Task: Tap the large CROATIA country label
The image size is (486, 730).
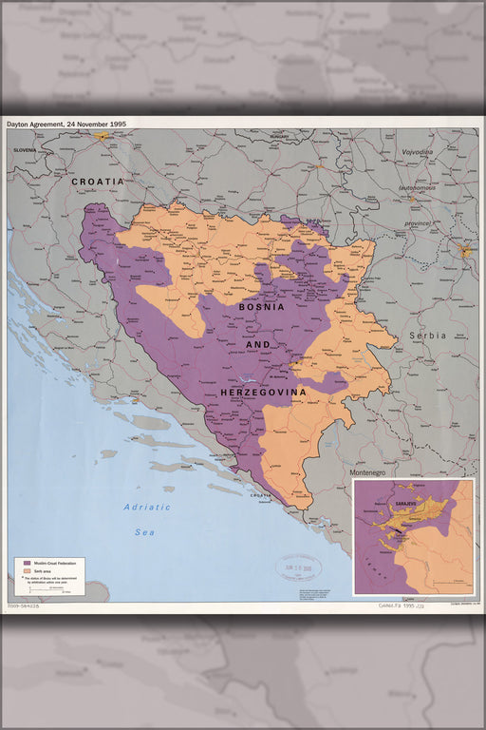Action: click(x=98, y=181)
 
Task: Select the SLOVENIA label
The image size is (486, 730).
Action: click(x=25, y=150)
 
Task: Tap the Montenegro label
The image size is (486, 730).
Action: click(x=371, y=472)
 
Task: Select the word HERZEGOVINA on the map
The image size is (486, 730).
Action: click(x=263, y=392)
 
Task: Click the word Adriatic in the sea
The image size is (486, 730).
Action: click(x=147, y=507)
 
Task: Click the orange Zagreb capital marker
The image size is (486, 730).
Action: click(x=103, y=136)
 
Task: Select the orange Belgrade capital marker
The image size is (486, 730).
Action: click(x=465, y=252)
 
